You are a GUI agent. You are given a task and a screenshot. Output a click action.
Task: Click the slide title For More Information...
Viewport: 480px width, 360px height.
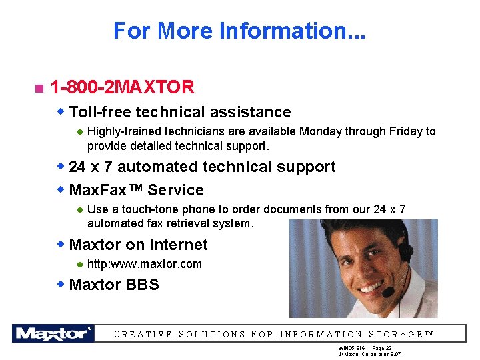239,31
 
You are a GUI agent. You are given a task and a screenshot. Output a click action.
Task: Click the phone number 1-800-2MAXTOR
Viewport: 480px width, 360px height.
122,87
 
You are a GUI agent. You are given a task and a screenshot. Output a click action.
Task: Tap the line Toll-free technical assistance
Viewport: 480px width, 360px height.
180,112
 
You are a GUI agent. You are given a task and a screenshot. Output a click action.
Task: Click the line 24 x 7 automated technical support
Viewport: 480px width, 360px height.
202,167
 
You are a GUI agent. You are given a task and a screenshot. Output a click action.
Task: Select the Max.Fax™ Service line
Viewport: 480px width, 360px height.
136,190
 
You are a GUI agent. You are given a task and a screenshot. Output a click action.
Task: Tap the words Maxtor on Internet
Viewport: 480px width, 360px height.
138,245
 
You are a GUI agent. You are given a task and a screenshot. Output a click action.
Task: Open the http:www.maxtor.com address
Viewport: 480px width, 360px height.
144,264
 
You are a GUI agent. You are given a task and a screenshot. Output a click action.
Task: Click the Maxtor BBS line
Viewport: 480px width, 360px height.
114,285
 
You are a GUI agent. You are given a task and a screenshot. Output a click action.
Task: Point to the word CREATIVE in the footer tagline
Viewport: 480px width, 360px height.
143,335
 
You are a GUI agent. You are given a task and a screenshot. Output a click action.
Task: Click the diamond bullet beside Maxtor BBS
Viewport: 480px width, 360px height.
61,285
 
